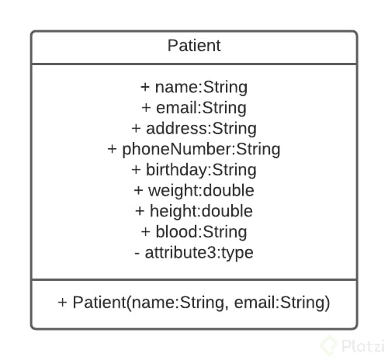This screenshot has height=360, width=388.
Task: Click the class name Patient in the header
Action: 194,46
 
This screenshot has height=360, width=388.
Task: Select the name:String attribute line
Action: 194,87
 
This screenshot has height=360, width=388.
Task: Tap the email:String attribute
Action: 194,108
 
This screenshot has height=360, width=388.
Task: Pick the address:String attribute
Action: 194,128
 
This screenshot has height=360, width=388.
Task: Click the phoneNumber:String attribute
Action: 194,149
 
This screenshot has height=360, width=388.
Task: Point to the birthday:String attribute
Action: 194,170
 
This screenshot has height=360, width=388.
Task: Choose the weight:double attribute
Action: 194,190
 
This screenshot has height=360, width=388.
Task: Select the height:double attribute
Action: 194,211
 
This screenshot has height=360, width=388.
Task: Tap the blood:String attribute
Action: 194,231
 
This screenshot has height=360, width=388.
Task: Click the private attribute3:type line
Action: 194,252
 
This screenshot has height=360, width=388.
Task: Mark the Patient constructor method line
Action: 194,303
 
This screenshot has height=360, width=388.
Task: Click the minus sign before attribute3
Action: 137,252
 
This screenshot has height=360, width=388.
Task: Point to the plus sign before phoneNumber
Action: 113,149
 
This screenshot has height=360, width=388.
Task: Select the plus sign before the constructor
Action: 63,303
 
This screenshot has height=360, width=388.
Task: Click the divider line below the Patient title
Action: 194,64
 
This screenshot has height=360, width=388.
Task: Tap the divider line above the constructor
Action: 194,279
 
